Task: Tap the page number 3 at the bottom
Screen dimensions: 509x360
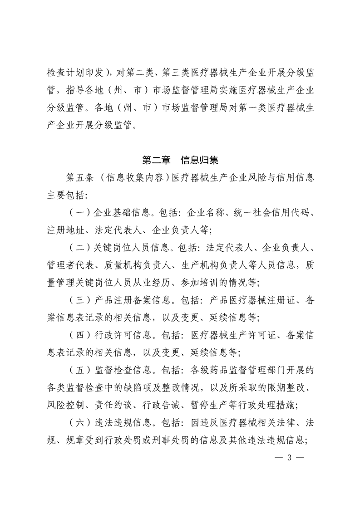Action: pyautogui.click(x=289, y=457)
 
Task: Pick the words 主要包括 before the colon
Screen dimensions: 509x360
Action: pyautogui.click(x=66, y=194)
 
